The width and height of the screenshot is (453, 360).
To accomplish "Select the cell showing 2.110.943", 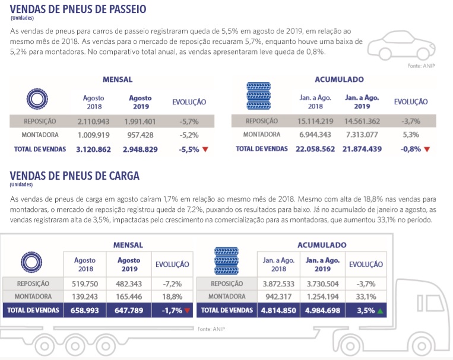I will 94,121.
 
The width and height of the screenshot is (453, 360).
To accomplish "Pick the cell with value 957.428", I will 140,135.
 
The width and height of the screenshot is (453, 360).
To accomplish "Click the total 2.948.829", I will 140,149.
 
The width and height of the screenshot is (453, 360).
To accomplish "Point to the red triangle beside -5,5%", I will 205,149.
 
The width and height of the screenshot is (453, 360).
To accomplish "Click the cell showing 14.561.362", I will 362,121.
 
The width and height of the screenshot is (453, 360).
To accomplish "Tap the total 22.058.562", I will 316,149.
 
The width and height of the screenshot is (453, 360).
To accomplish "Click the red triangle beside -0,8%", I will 426,149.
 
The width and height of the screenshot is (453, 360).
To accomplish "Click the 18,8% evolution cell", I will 172,296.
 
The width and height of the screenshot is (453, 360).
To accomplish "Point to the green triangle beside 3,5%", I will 379,310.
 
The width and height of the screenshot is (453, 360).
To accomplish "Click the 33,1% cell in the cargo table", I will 366,296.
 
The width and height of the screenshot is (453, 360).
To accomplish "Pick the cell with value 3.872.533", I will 278,283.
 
